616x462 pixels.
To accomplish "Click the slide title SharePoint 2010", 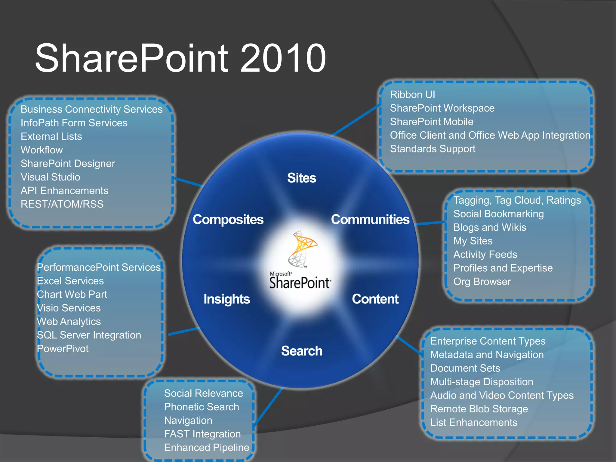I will pyautogui.click(x=180, y=58).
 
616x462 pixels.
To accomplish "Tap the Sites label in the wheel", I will pyautogui.click(x=302, y=178).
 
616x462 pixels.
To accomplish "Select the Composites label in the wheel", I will pyautogui.click(x=228, y=219).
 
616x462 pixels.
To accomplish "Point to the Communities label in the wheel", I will pyautogui.click(x=370, y=219).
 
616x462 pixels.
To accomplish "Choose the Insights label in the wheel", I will pyautogui.click(x=226, y=299).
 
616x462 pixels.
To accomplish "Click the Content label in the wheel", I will pyautogui.click(x=375, y=299).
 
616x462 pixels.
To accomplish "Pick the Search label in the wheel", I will pyautogui.click(x=302, y=351).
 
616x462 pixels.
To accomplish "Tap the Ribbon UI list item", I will pyautogui.click(x=412, y=94).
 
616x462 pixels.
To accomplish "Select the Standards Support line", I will pyautogui.click(x=433, y=149).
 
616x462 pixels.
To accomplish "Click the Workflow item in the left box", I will pyautogui.click(x=42, y=150).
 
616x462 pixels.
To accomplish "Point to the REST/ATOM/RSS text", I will pyautogui.click(x=62, y=204).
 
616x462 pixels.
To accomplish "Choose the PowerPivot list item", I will pyautogui.click(x=63, y=349).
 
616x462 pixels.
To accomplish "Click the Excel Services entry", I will pyautogui.click(x=70, y=281).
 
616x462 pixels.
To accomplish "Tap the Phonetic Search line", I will pyautogui.click(x=202, y=407).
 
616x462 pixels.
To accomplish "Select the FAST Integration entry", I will pyautogui.click(x=202, y=434).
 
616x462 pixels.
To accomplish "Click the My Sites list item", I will pyautogui.click(x=473, y=241).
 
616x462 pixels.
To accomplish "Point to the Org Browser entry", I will pyautogui.click(x=482, y=281).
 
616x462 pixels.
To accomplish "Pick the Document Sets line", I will pyautogui.click(x=465, y=368).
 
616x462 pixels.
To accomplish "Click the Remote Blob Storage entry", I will pyautogui.click(x=479, y=409).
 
